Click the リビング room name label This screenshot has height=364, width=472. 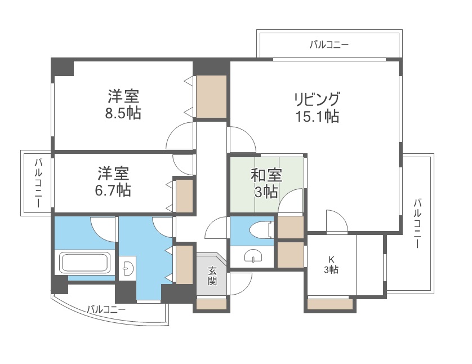[316, 99]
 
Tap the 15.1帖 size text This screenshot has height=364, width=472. [316, 117]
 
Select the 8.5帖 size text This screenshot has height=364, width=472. [123, 113]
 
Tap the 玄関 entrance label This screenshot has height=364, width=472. [212, 276]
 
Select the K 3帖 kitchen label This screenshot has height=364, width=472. [331, 264]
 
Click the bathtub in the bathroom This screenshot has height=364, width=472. [84, 263]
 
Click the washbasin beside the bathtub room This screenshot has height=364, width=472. [128, 268]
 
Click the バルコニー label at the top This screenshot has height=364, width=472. [329, 44]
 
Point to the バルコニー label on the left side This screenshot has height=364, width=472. [38, 183]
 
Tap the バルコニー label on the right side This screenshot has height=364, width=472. [417, 224]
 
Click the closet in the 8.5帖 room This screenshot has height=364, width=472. [211, 96]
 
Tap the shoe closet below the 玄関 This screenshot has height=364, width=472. [211, 305]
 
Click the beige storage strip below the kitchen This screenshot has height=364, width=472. [330, 305]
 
